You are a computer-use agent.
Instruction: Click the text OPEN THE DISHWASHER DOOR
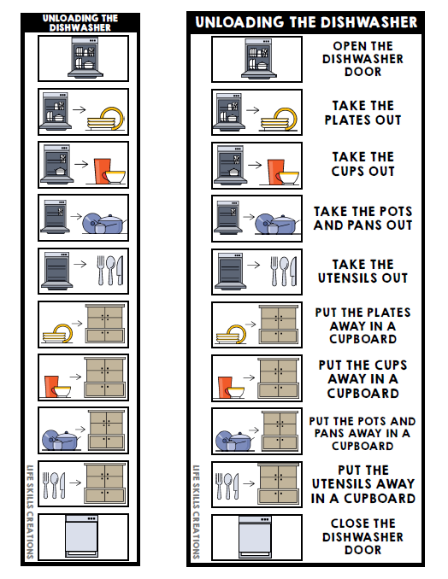pyautogui.click(x=363, y=59)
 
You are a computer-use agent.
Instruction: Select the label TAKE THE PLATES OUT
pyautogui.click(x=363, y=113)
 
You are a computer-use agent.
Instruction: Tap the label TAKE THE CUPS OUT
pyautogui.click(x=363, y=164)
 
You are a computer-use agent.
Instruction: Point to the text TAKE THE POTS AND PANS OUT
pyautogui.click(x=363, y=218)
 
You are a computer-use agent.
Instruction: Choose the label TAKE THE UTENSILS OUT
pyautogui.click(x=363, y=271)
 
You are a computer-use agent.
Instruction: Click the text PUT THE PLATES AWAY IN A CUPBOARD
pyautogui.click(x=363, y=325)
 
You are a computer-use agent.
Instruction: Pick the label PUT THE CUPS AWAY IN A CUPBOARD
pyautogui.click(x=363, y=379)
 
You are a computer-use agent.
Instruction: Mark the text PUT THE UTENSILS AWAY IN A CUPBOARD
pyautogui.click(x=363, y=484)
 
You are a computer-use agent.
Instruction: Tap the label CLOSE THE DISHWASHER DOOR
pyautogui.click(x=363, y=536)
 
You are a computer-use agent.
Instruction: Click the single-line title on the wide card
pyautogui.click(x=306, y=22)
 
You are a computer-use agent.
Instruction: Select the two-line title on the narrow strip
pyautogui.click(x=84, y=22)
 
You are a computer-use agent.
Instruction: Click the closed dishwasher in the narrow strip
pyautogui.click(x=84, y=536)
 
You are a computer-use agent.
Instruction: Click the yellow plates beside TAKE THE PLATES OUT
pyautogui.click(x=282, y=118)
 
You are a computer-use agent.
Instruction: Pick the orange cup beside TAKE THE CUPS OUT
pyautogui.click(x=274, y=171)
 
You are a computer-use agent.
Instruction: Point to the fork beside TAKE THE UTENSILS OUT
pyautogui.click(x=274, y=271)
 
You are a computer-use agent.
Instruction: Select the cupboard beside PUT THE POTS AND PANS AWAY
pyautogui.click(x=278, y=431)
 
